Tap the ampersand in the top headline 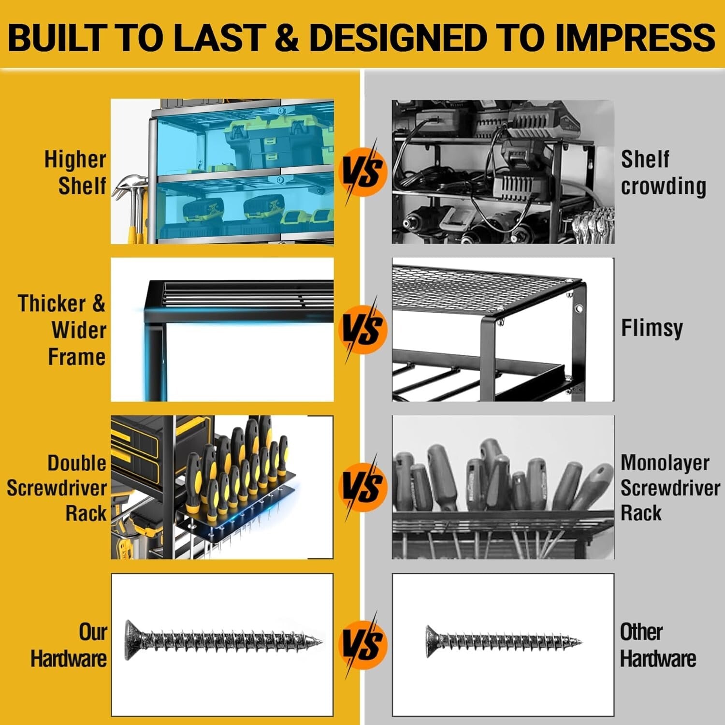[x=289, y=37]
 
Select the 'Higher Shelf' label [x=76, y=173]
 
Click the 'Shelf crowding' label [x=663, y=173]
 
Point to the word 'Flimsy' [x=652, y=328]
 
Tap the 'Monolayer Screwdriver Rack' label [x=669, y=488]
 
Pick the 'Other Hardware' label [x=657, y=645]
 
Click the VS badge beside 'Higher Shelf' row [x=363, y=172]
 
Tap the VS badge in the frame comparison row [x=363, y=330]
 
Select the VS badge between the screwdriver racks [x=363, y=487]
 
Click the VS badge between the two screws [x=363, y=645]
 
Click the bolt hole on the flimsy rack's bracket [x=579, y=308]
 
